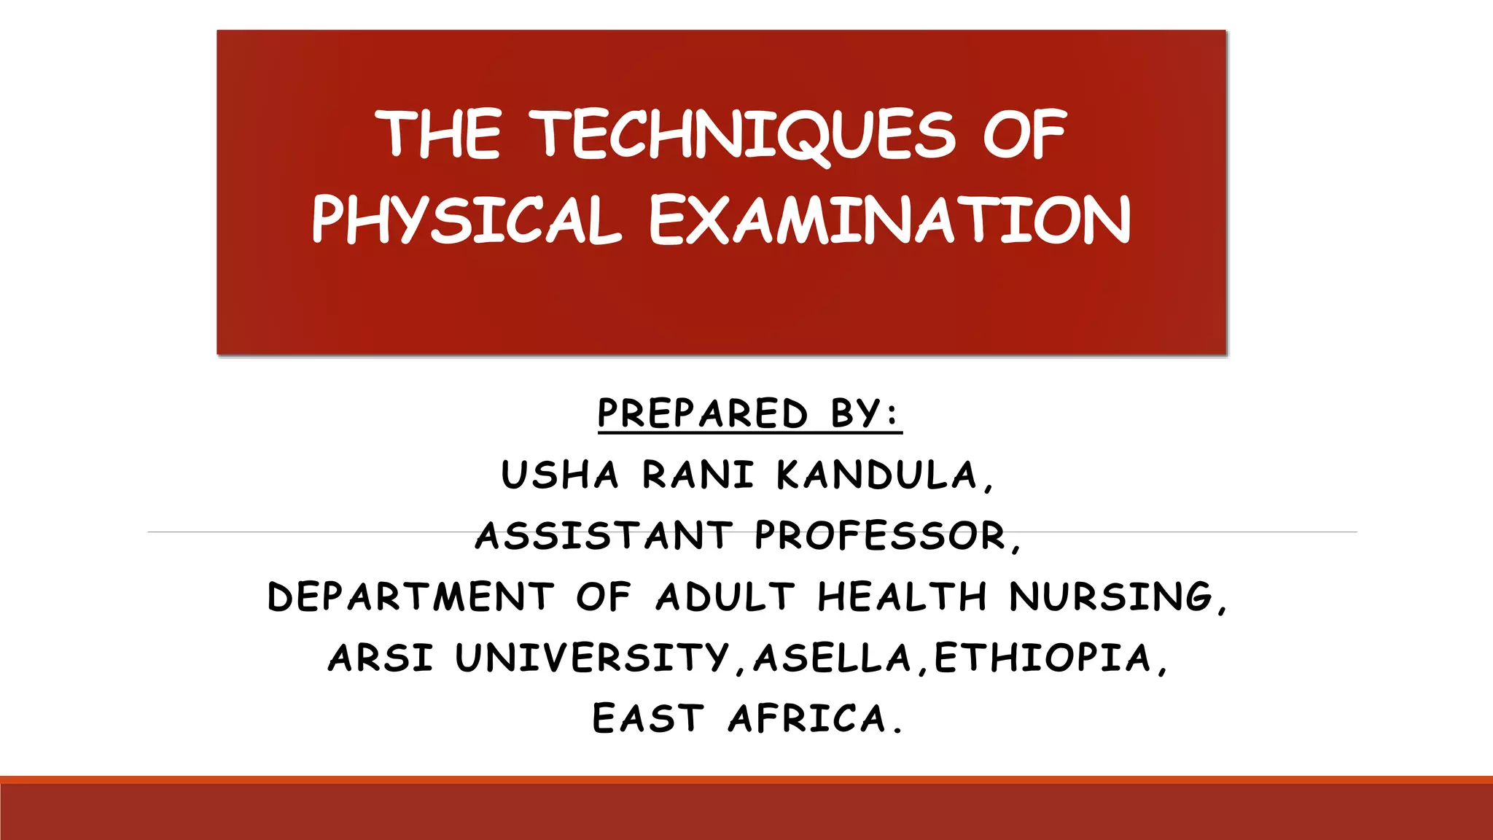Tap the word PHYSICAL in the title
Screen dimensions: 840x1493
click(467, 220)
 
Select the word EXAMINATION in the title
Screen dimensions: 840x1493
click(889, 220)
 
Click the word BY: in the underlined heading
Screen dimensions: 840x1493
click(865, 413)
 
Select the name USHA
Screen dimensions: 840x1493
click(560, 475)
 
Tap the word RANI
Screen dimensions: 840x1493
click(698, 475)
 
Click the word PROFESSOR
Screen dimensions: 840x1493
click(881, 536)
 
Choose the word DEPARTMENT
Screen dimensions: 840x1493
click(411, 596)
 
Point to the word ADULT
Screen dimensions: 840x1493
click(725, 596)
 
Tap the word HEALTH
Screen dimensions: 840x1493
click(903, 596)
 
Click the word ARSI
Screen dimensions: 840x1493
click(381, 658)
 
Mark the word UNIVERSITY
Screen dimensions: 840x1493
click(592, 658)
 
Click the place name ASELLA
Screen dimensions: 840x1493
click(833, 658)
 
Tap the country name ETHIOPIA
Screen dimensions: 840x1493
click(1043, 658)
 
